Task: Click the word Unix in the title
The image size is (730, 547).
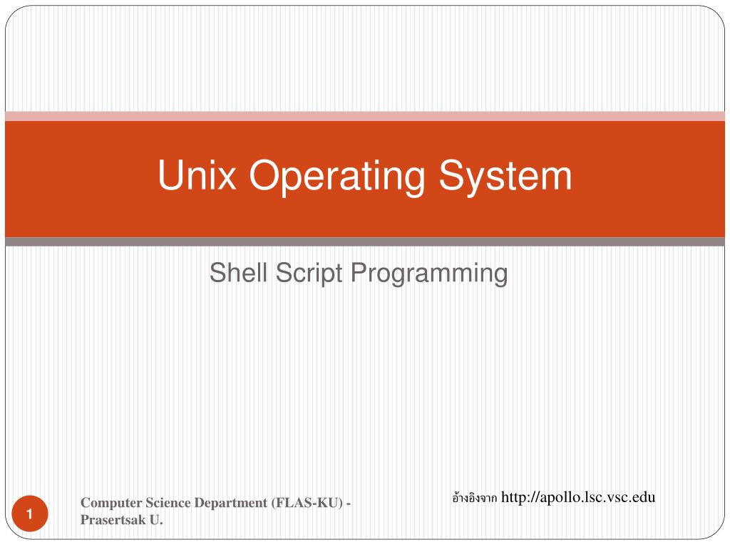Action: [x=197, y=175]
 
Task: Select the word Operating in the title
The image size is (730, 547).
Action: [x=337, y=177]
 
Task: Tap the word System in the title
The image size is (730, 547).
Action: [x=505, y=177]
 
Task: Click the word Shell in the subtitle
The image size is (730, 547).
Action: [x=238, y=272]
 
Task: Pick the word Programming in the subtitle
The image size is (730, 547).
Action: [x=429, y=273]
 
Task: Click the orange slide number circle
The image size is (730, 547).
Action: [x=30, y=514]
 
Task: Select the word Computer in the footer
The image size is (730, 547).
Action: [x=111, y=503]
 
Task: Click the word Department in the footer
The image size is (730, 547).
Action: [x=230, y=503]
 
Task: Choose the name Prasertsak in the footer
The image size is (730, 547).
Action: [x=113, y=519]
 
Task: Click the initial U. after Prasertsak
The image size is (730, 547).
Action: [x=156, y=519]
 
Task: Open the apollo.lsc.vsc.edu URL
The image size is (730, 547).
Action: [x=578, y=497]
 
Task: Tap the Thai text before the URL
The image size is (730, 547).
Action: [x=474, y=498]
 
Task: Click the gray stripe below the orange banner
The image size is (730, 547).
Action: [x=365, y=242]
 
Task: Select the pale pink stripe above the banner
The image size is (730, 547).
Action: [x=365, y=116]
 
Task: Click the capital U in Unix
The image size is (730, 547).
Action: [x=170, y=175]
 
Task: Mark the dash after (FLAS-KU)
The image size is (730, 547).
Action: [x=349, y=504]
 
